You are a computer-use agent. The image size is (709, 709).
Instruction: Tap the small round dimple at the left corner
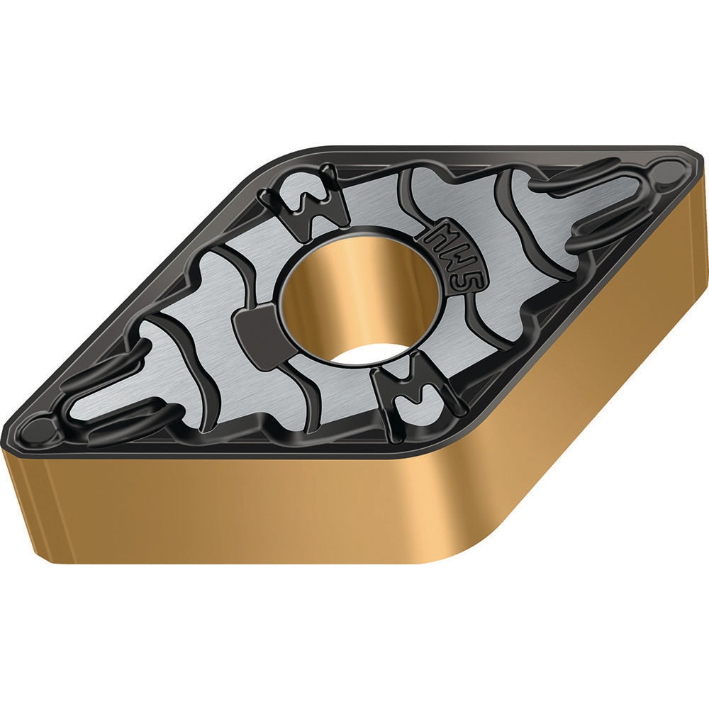[x=40, y=428]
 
